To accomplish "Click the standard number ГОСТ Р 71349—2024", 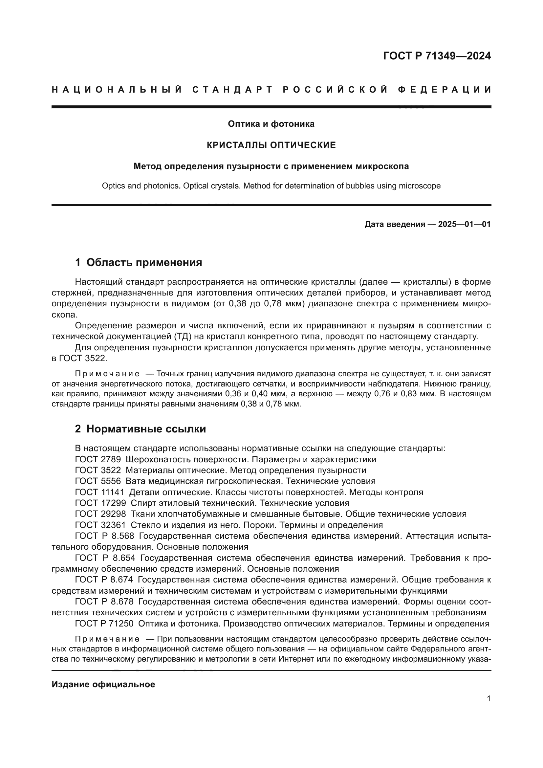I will click(x=437, y=56).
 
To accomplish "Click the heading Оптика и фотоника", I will click(x=271, y=124).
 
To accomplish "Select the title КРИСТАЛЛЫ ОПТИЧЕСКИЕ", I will click(x=271, y=145).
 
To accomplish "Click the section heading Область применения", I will click(x=144, y=263).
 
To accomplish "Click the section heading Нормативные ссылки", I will click(x=146, y=429).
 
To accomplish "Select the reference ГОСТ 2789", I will click(x=98, y=460).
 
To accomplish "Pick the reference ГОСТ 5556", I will click(x=98, y=481).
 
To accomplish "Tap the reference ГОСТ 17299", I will click(x=100, y=503).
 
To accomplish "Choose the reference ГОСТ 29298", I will click(x=100, y=514).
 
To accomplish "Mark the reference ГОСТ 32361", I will click(x=100, y=525).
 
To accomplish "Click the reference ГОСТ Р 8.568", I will click(x=104, y=536).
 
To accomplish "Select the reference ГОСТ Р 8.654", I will click(x=105, y=558).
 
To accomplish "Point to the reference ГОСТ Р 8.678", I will click(x=104, y=602).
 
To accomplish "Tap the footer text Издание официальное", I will click(x=103, y=684).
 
